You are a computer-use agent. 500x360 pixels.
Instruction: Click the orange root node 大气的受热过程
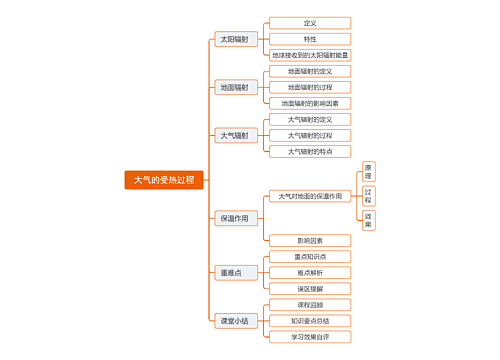click(164, 180)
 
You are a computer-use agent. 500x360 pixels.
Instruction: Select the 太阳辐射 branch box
click(236, 39)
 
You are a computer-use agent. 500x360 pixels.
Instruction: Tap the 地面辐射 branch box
click(236, 87)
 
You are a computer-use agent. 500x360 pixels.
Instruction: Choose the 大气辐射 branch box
click(236, 135)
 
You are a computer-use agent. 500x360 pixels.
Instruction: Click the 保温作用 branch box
click(236, 218)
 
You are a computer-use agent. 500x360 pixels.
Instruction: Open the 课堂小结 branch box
click(236, 321)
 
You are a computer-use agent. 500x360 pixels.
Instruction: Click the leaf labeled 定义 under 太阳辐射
click(309, 23)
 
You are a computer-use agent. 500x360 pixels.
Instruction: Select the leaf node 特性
click(309, 39)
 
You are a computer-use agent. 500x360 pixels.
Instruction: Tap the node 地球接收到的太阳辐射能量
click(309, 55)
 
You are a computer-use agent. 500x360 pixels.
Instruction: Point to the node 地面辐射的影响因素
click(309, 103)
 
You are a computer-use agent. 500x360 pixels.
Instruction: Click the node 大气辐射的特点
click(309, 151)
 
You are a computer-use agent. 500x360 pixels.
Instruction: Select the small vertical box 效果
click(369, 219)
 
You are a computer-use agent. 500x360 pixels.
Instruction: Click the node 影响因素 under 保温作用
click(309, 240)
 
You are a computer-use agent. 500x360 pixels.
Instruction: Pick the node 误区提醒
click(309, 288)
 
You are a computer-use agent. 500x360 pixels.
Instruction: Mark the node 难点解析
click(309, 272)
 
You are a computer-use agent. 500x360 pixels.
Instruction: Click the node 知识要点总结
click(309, 321)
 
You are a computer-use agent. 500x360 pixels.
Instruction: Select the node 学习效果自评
click(309, 337)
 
